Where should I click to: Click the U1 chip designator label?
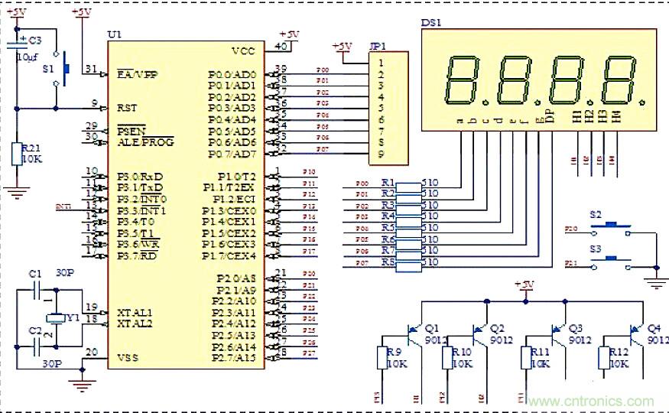pyautogui.click(x=115, y=35)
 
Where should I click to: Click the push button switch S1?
pyautogui.click(x=65, y=69)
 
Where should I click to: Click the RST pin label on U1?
pyautogui.click(x=128, y=108)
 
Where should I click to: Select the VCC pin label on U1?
pyautogui.click(x=244, y=51)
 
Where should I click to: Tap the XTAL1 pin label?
pyautogui.click(x=135, y=312)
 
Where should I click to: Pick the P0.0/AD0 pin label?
pyautogui.click(x=232, y=74)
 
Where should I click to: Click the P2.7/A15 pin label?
pyautogui.click(x=232, y=358)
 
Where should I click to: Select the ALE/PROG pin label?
pyautogui.click(x=145, y=141)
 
